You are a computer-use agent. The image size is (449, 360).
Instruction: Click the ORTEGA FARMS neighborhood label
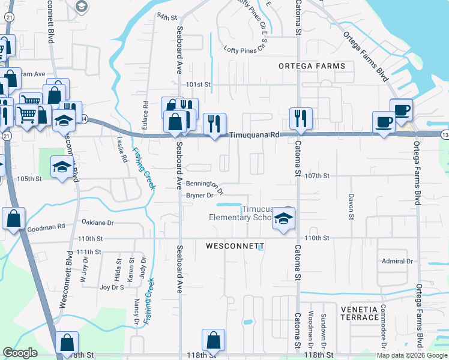pyautogui.click(x=312, y=65)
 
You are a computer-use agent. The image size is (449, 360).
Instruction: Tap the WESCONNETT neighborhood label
pyautogui.click(x=235, y=246)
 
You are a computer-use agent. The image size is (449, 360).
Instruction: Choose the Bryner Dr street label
pyautogui.click(x=200, y=196)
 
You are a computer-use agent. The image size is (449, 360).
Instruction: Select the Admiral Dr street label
pyautogui.click(x=397, y=261)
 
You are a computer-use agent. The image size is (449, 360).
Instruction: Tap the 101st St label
pyautogui.click(x=198, y=85)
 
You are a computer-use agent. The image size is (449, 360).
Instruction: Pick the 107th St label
pyautogui.click(x=318, y=176)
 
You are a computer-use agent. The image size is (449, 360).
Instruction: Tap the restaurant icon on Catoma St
pyautogui.click(x=300, y=118)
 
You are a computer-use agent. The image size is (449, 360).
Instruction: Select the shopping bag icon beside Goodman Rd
pyautogui.click(x=14, y=220)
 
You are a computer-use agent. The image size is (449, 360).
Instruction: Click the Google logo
pyautogui.click(x=20, y=353)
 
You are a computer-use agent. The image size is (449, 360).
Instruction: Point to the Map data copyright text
pyautogui.click(x=411, y=355)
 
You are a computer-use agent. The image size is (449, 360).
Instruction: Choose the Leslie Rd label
pyautogui.click(x=122, y=150)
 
